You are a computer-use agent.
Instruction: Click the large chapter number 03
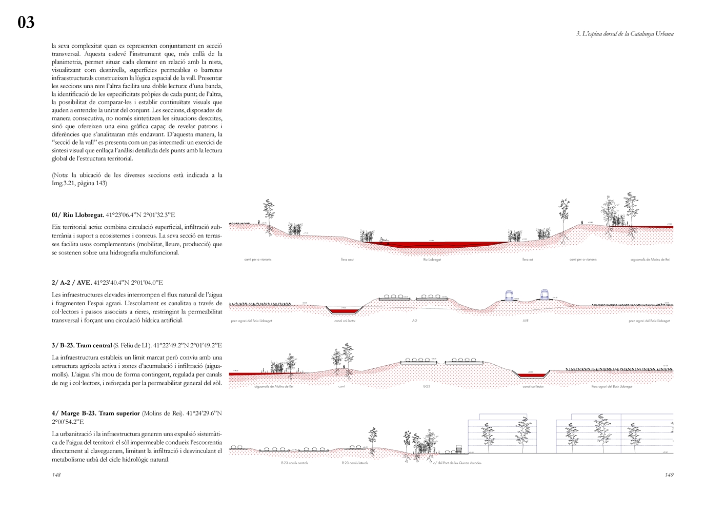pyautogui.click(x=26, y=22)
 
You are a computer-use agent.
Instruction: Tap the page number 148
pyautogui.click(x=56, y=475)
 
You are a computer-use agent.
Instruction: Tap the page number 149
pyautogui.click(x=669, y=475)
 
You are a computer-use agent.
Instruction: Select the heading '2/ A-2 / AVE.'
pyautogui.click(x=72, y=282)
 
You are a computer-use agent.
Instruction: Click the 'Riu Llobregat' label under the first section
pyautogui.click(x=432, y=260)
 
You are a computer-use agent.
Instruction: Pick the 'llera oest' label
pyautogui.click(x=347, y=260)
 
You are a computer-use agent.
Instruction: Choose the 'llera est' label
pyautogui.click(x=528, y=260)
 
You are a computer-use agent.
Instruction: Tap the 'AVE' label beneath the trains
pyautogui.click(x=526, y=321)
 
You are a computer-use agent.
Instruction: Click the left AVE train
pyautogui.click(x=511, y=294)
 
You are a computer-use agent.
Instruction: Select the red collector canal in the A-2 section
pyautogui.click(x=345, y=311)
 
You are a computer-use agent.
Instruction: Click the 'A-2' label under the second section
pyautogui.click(x=414, y=321)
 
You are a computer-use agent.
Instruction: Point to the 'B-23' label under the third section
pyautogui.click(x=427, y=386)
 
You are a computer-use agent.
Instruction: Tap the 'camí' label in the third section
pyautogui.click(x=342, y=386)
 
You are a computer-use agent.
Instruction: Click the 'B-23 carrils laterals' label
pyautogui.click(x=355, y=463)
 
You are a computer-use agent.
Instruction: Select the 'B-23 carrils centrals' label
pyautogui.click(x=294, y=463)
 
